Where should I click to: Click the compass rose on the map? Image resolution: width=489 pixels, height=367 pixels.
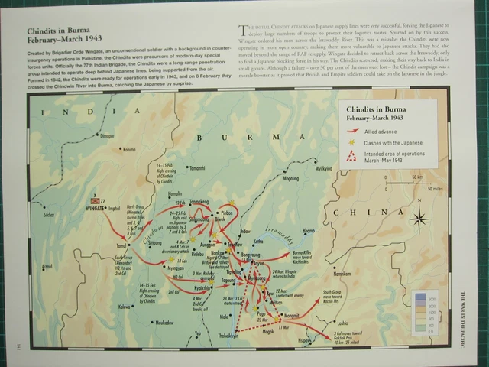tap(419, 220)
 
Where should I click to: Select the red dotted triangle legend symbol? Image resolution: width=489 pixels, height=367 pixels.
tap(351, 157)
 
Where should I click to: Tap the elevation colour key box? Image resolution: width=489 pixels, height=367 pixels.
tap(425, 313)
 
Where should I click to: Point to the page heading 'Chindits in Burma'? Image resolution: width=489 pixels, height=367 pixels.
tap(62, 32)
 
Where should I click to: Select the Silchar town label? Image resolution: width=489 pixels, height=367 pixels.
tap(50, 216)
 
